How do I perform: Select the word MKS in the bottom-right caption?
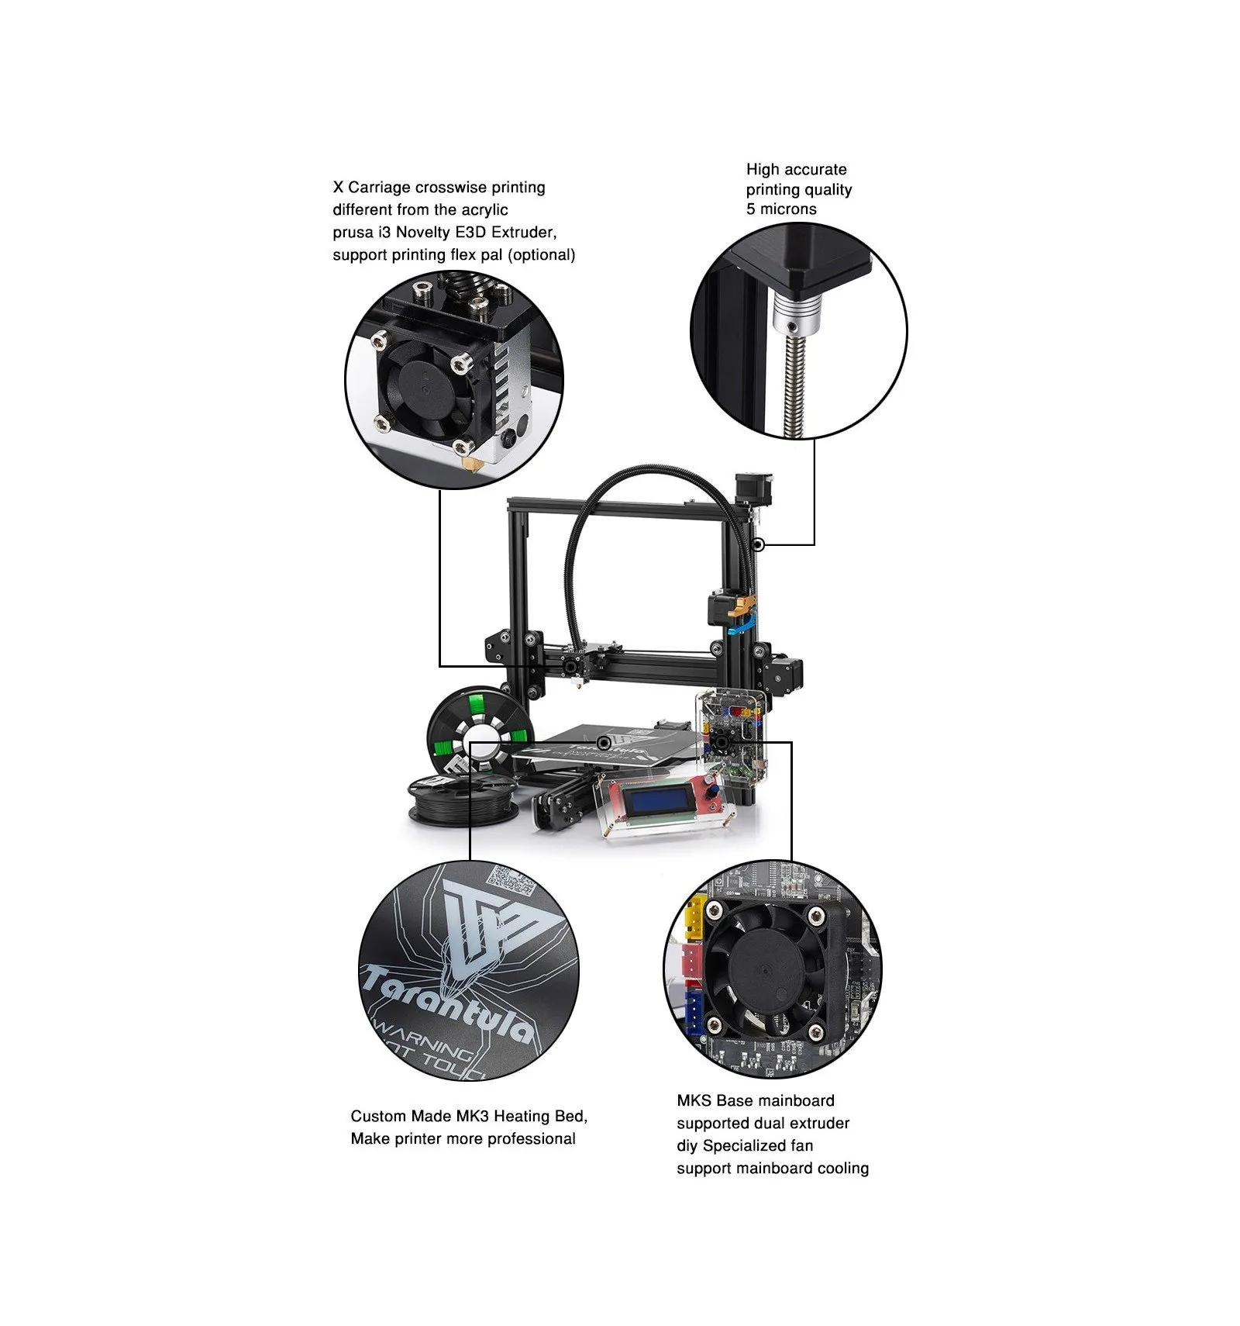tap(694, 1101)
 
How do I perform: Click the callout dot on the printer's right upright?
tap(759, 545)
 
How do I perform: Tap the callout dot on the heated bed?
tap(603, 742)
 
